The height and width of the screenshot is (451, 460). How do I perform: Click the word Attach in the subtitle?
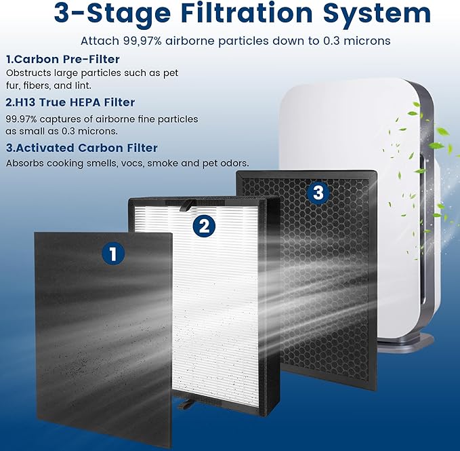[99, 41]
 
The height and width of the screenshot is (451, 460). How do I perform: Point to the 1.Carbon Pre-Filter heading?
[62, 59]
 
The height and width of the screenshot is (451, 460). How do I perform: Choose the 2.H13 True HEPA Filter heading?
[70, 102]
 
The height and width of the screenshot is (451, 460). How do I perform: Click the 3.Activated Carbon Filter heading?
[81, 148]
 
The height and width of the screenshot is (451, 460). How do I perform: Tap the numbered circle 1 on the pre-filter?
[113, 254]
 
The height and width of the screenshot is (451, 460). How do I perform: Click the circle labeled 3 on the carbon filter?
[318, 193]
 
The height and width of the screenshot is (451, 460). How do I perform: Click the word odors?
[234, 163]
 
